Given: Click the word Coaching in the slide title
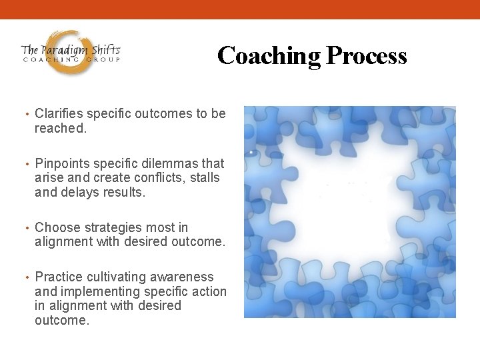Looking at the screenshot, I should [269, 56].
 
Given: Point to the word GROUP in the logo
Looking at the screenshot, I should [104, 60].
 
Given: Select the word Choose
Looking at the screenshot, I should [56, 228].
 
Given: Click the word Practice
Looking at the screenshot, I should [59, 277].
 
